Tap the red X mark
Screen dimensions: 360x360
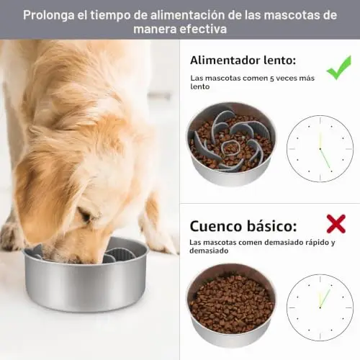(x=336, y=224)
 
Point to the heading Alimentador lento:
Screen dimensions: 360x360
(x=243, y=60)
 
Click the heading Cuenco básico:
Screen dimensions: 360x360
(x=243, y=226)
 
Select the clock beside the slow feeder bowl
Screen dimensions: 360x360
(x=320, y=148)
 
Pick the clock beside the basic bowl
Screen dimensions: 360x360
(x=320, y=307)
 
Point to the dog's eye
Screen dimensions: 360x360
(x=87, y=216)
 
